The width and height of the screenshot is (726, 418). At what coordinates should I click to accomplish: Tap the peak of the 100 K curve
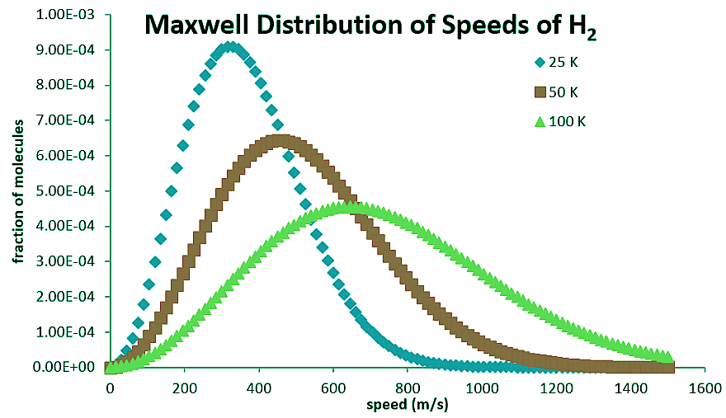(x=350, y=207)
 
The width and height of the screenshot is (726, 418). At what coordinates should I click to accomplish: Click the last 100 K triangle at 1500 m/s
(x=667, y=355)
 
